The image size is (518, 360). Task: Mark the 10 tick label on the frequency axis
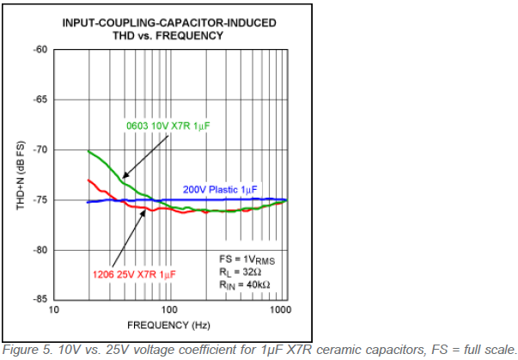point(53,309)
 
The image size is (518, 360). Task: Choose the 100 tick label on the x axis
point(168,309)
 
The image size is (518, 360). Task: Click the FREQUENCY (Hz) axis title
point(168,326)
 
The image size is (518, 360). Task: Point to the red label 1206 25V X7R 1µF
point(135,274)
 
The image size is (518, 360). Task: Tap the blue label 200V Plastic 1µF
point(220,188)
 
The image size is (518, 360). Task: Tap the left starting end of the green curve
point(88,151)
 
